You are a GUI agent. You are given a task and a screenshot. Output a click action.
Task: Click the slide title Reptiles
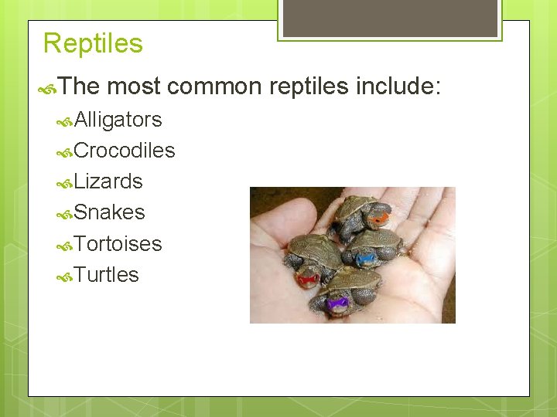click(x=93, y=43)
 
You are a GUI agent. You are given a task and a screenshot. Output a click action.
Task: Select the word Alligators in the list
click(x=118, y=120)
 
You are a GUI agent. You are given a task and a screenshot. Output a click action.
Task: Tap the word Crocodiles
click(x=125, y=151)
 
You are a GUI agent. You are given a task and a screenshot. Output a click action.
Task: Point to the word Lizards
click(x=108, y=181)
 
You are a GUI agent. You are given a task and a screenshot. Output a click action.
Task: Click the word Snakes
click(x=109, y=212)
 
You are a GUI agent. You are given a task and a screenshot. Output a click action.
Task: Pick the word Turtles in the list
click(x=106, y=275)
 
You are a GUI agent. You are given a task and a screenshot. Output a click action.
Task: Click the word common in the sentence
click(x=215, y=86)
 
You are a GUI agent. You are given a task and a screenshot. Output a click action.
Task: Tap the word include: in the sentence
click(x=398, y=86)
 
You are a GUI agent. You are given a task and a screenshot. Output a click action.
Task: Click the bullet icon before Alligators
click(x=66, y=120)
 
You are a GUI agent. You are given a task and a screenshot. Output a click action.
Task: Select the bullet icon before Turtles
click(x=66, y=276)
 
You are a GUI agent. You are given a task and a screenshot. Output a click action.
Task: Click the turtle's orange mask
click(x=378, y=219)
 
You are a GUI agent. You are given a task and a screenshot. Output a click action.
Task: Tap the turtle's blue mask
click(x=367, y=259)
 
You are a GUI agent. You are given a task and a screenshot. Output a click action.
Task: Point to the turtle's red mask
click(x=308, y=279)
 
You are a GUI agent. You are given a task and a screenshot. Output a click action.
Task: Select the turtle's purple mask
click(x=337, y=303)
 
